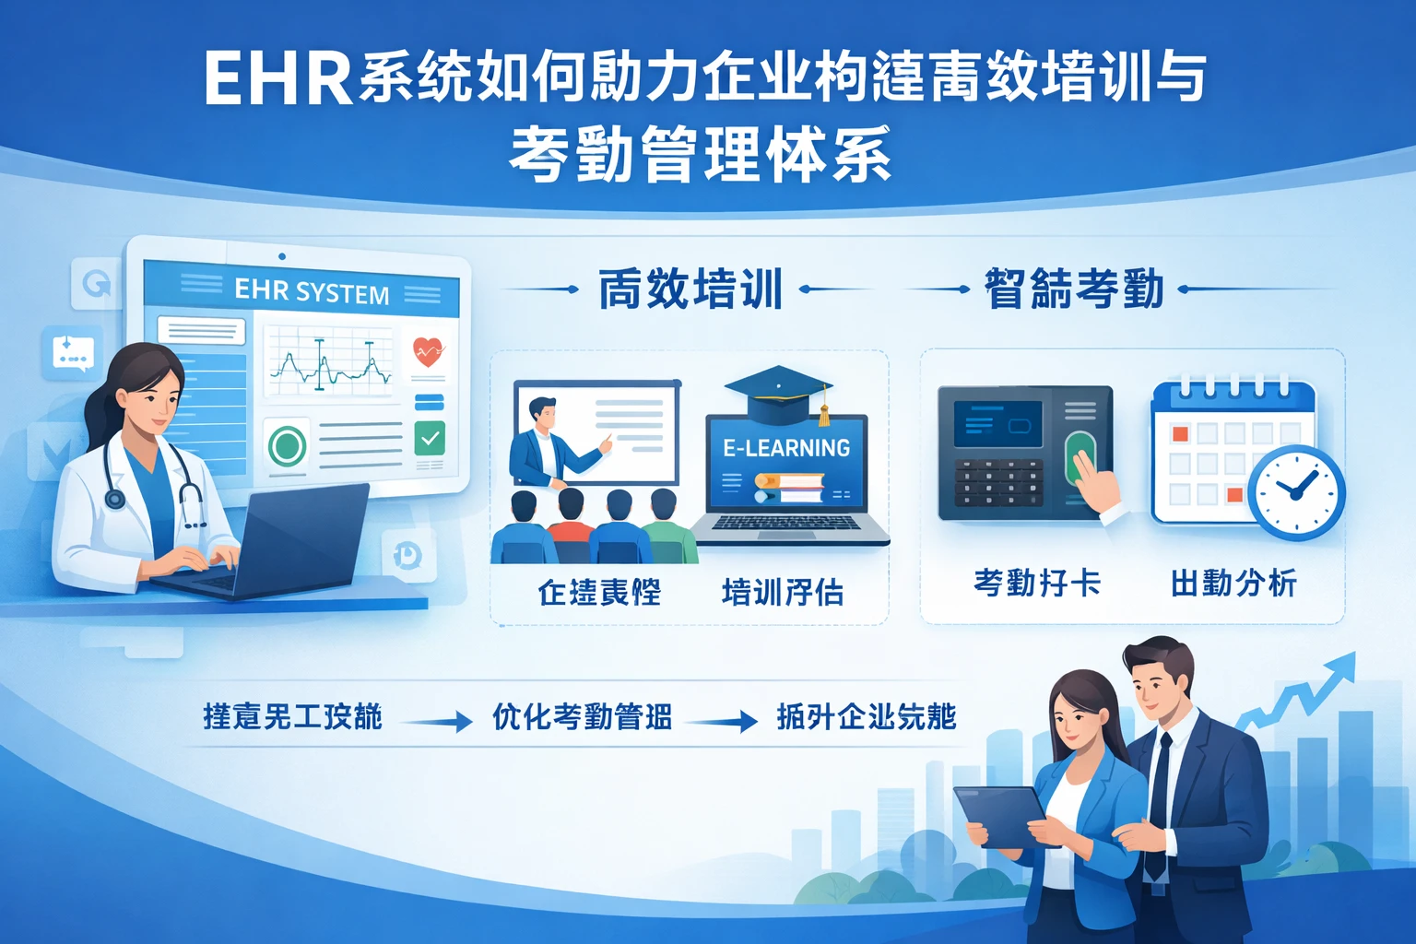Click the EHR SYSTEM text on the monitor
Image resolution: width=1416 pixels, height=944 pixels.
coord(312,291)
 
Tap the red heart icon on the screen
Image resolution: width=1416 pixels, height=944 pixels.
coord(428,351)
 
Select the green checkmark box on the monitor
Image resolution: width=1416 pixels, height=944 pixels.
coord(430,439)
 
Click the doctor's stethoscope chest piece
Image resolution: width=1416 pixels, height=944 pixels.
coord(115,499)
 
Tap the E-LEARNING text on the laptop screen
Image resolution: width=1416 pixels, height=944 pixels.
coord(786,448)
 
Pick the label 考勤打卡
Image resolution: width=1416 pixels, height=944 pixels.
coord(1037,584)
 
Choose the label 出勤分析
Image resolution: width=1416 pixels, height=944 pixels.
coord(1233,584)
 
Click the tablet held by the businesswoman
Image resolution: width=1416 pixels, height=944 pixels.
coord(1000,816)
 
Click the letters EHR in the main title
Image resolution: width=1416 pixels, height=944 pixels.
coord(277,79)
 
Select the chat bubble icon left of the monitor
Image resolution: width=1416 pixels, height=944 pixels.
coord(73,353)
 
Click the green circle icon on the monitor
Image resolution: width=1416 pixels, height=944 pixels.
coord(287,446)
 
